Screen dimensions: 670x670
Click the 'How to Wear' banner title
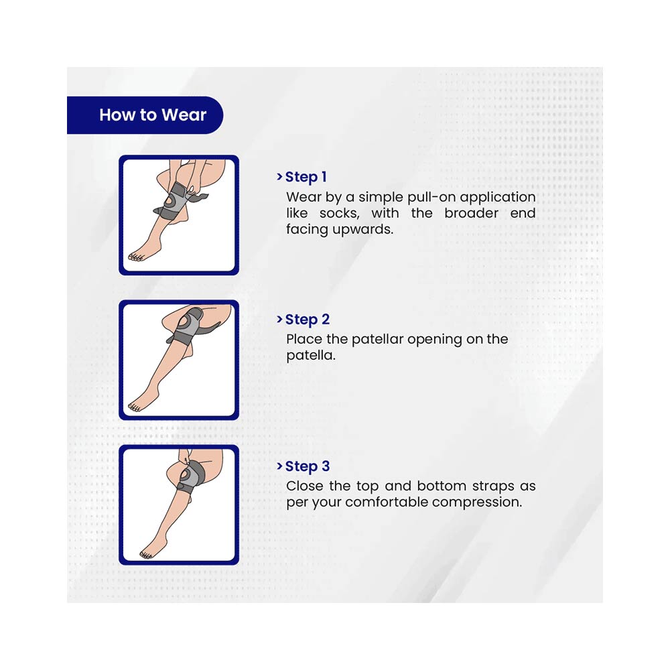pos(153,115)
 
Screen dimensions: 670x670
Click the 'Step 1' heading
pos(306,177)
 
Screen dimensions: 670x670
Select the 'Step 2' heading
pos(308,320)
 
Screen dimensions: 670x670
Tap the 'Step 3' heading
pos(308,466)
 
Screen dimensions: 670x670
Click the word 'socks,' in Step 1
pos(339,213)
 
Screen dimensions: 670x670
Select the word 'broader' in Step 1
pos(471,213)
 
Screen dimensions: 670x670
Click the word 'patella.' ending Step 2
pos(311,356)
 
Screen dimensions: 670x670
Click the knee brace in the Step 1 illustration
pos(174,201)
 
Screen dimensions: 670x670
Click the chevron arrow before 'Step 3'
pos(279,466)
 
